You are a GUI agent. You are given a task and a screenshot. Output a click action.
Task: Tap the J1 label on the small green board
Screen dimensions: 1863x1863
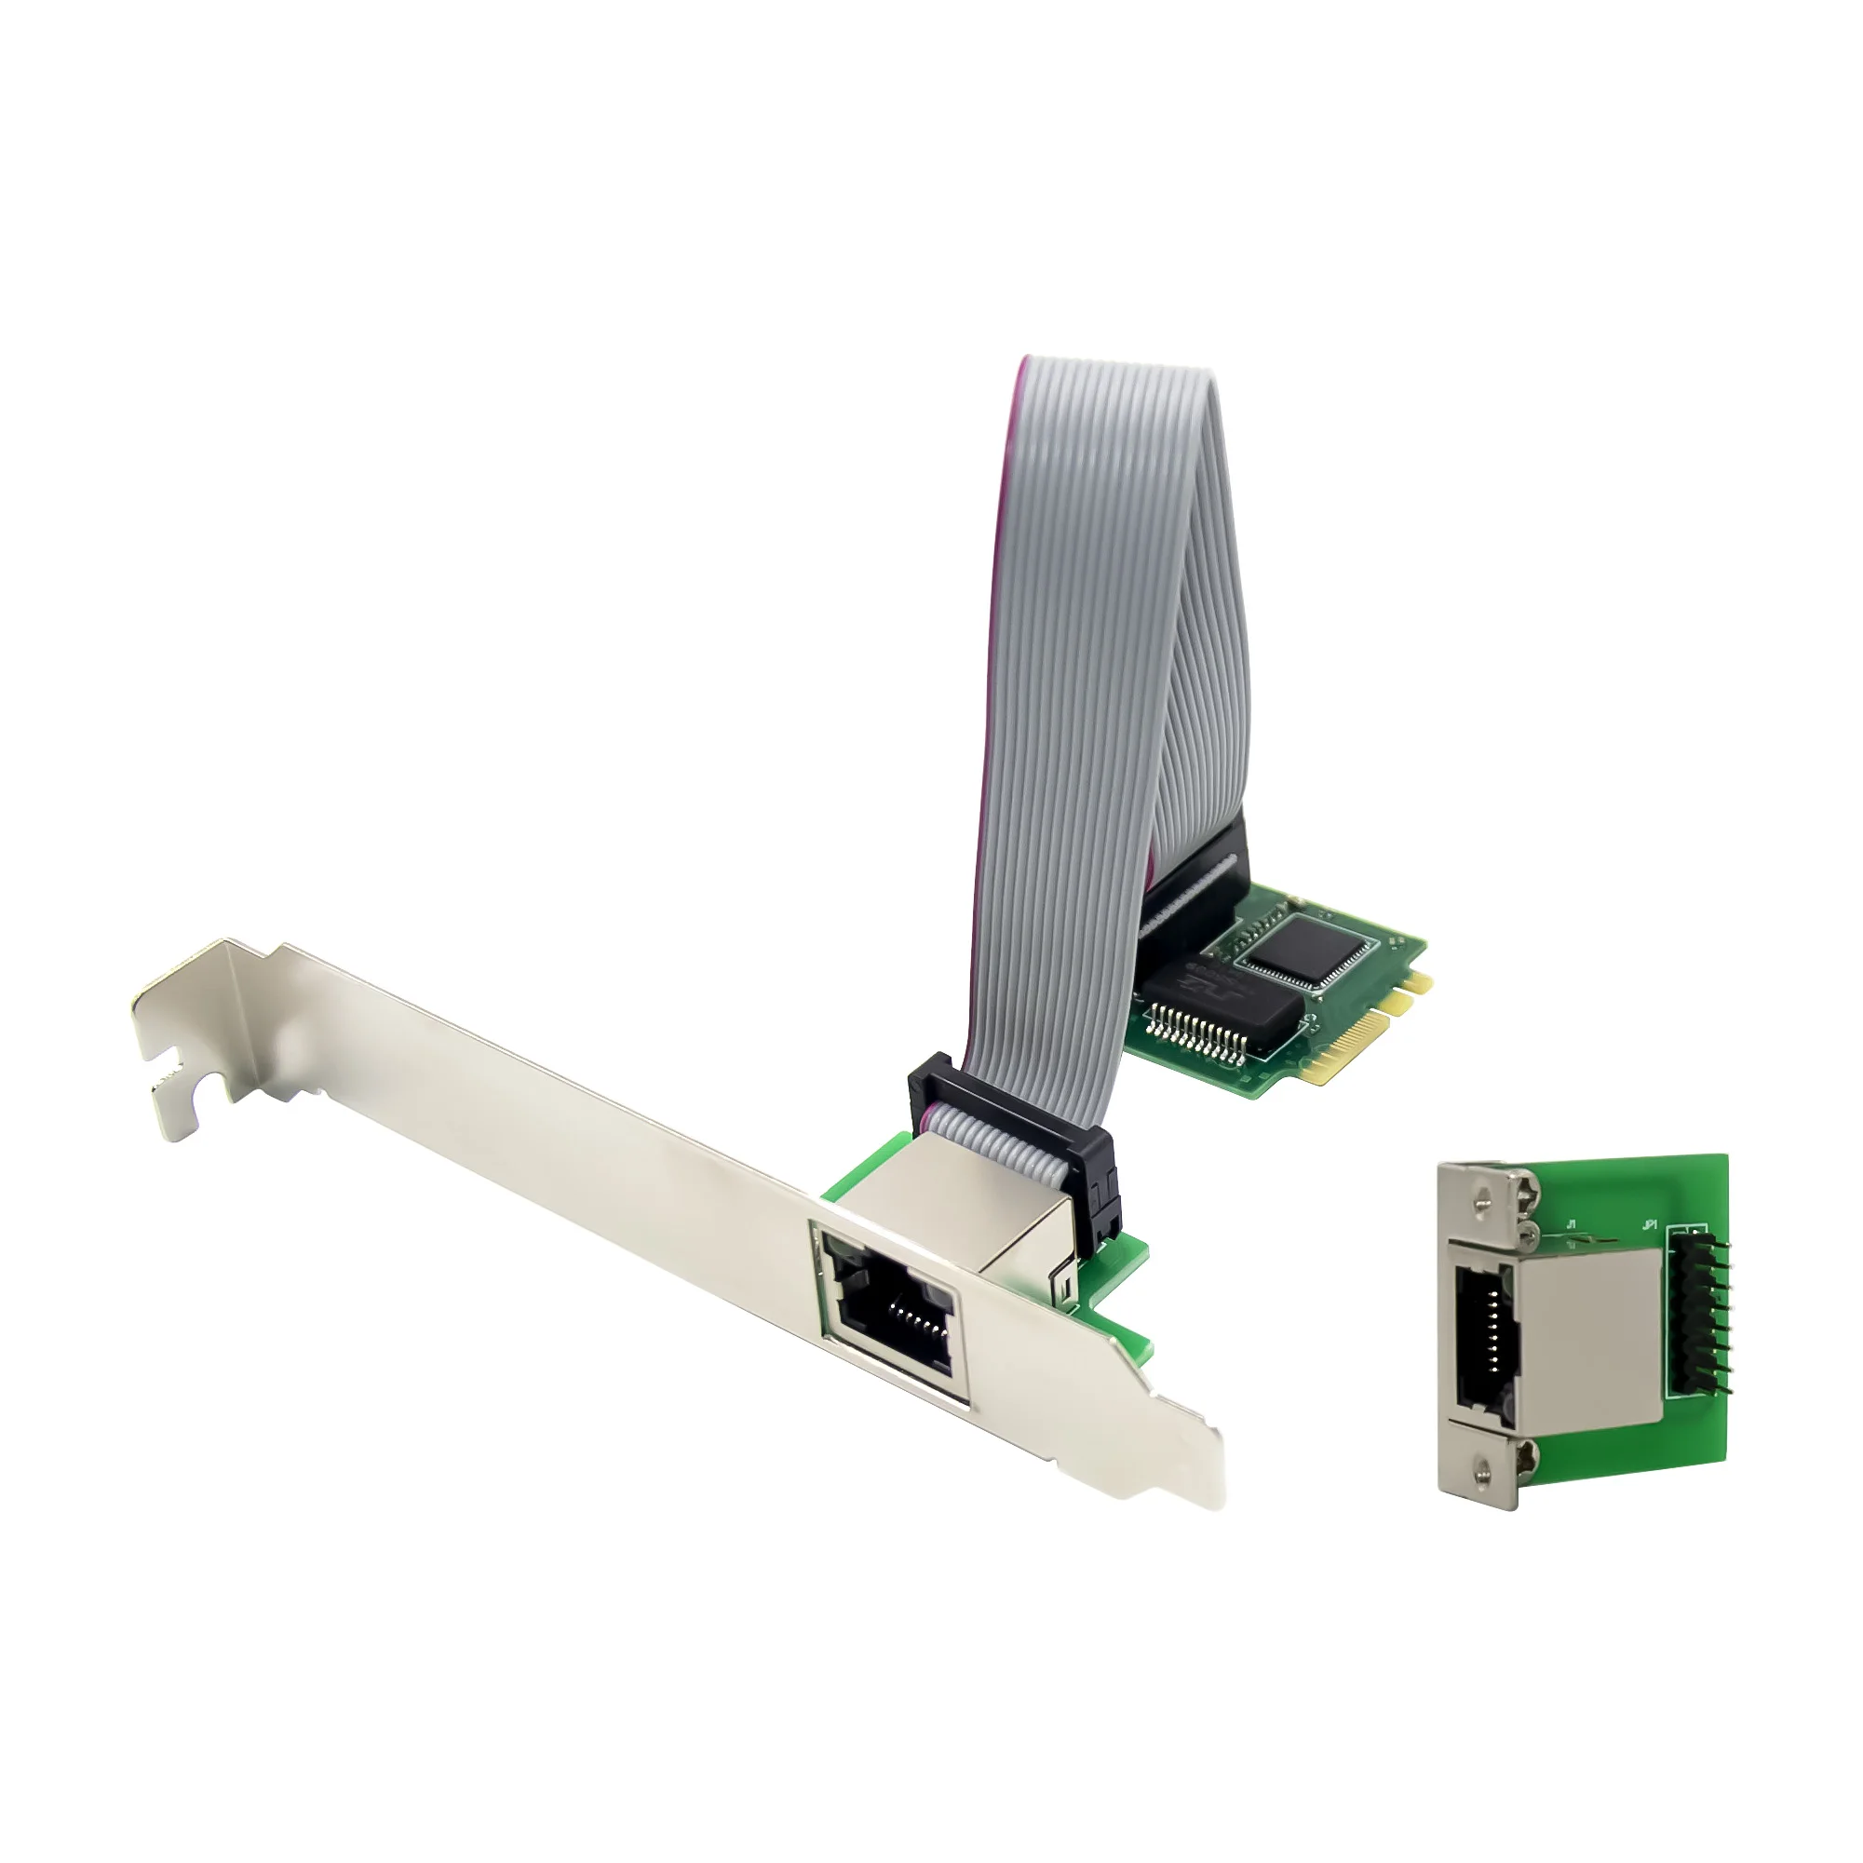click(x=1573, y=1226)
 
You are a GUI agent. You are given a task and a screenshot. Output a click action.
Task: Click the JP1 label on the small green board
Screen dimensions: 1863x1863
click(x=1649, y=1226)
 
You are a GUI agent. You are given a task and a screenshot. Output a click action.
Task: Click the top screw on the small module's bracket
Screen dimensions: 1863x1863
click(x=1488, y=1196)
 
